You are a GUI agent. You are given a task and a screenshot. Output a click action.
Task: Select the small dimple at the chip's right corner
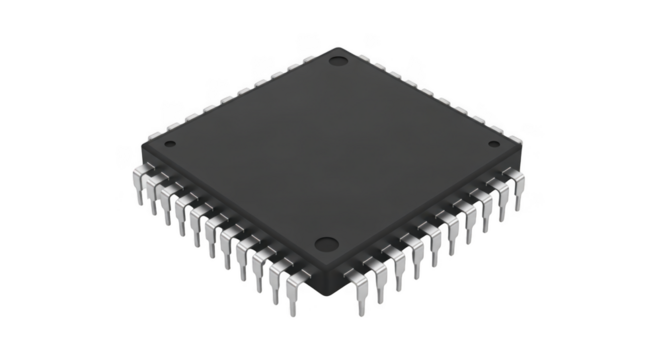(x=493, y=146)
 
